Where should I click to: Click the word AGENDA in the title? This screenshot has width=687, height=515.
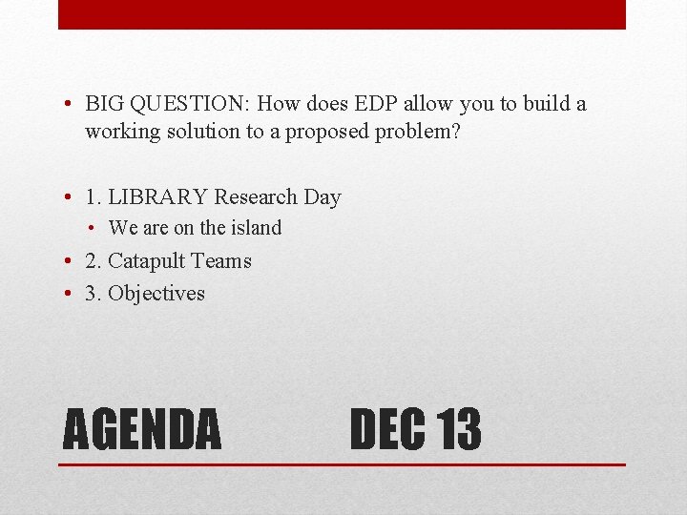pos(141,429)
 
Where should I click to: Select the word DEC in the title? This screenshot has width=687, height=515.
pos(387,429)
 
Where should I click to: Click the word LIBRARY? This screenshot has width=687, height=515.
pos(158,197)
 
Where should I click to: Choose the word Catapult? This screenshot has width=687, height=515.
pos(146,260)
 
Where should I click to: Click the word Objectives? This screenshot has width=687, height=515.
pos(156,293)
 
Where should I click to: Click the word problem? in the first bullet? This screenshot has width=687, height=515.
pos(416,131)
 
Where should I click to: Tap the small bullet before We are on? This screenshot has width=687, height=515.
pos(95,228)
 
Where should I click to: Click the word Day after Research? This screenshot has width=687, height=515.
pos(322,197)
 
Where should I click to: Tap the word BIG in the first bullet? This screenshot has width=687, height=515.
pos(103,103)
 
